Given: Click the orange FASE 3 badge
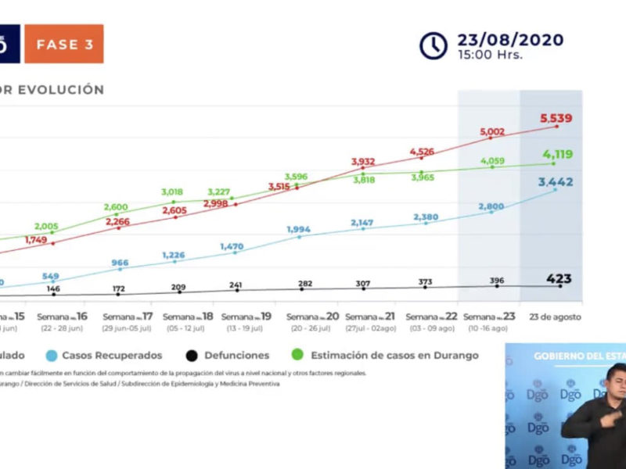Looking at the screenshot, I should pyautogui.click(x=63, y=45).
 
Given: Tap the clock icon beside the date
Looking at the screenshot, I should pyautogui.click(x=434, y=45).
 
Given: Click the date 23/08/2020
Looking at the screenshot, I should pyautogui.click(x=510, y=39).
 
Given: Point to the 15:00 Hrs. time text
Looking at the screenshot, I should pyautogui.click(x=490, y=55).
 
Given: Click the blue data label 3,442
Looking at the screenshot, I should pyautogui.click(x=556, y=182).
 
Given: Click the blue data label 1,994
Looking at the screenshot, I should pyautogui.click(x=302, y=229).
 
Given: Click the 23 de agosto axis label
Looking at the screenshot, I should pyautogui.click(x=555, y=317).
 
